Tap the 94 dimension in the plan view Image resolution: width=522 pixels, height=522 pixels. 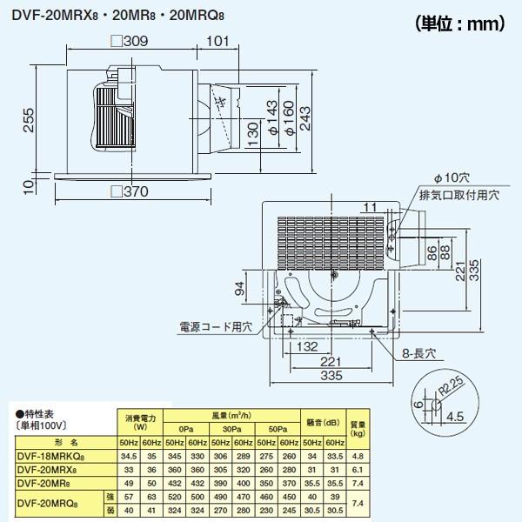[x=239, y=290]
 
